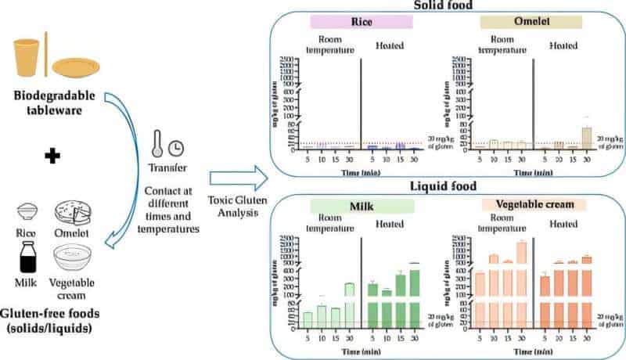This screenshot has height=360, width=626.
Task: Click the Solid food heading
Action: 444,5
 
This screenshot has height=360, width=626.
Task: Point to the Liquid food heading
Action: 444,188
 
